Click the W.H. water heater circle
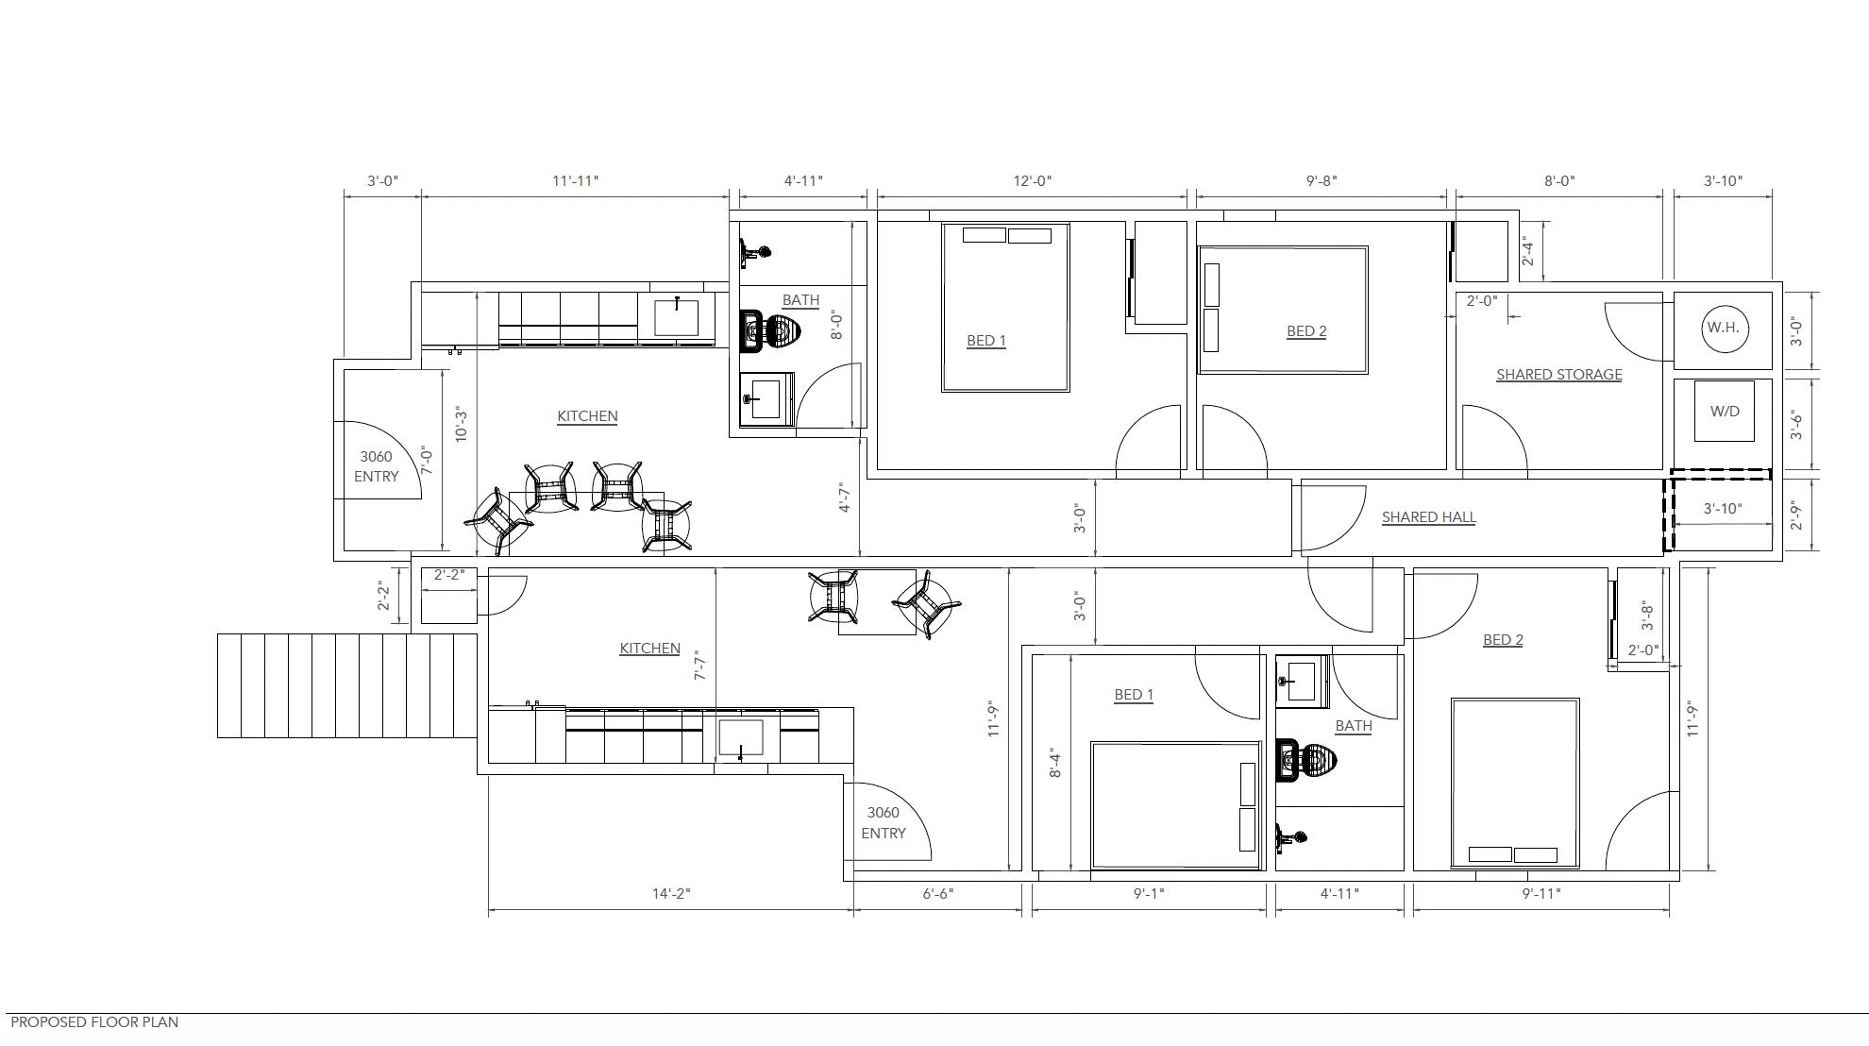(1723, 329)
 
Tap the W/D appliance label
(1725, 411)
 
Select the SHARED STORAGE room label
(1558, 374)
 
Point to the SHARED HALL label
(1428, 516)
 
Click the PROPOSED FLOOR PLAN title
(94, 1021)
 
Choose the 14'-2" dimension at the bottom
(671, 893)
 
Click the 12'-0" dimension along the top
(1032, 180)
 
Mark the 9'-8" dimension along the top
(1322, 180)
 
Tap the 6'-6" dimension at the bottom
(938, 893)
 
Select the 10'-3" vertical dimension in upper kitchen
(461, 425)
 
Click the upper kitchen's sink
(677, 317)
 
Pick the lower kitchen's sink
(740, 738)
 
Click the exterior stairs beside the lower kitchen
(347, 684)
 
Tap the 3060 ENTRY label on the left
(376, 466)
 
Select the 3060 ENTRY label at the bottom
(883, 822)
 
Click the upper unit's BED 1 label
(986, 340)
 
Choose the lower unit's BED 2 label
(1503, 639)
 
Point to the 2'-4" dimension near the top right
(1527, 251)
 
